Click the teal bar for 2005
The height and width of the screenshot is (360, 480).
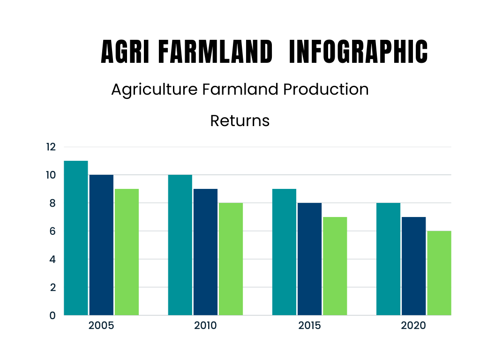[76, 238]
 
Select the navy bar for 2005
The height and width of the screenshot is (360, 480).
[101, 245]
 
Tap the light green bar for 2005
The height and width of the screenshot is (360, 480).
[127, 252]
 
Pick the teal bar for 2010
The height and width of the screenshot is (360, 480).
[180, 245]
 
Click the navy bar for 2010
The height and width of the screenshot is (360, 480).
[206, 252]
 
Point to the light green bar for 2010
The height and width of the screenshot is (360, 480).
[231, 259]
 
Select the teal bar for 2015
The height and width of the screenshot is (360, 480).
[285, 252]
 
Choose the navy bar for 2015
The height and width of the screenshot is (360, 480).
[310, 259]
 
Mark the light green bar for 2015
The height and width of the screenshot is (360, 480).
[335, 266]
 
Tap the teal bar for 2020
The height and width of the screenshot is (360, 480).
[389, 259]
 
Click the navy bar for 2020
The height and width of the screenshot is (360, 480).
[414, 266]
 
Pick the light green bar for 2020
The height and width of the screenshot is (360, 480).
[439, 273]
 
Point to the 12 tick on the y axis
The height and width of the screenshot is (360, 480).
[51, 147]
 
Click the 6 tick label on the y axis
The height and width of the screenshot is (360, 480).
[52, 231]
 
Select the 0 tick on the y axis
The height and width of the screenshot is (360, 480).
[52, 315]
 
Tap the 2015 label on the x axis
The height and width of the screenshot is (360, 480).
[309, 325]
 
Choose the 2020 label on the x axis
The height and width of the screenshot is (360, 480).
[413, 325]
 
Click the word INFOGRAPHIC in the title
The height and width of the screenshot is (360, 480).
[359, 52]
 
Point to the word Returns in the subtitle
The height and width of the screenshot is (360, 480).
[240, 120]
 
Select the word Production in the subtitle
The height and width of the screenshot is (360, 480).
[326, 90]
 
